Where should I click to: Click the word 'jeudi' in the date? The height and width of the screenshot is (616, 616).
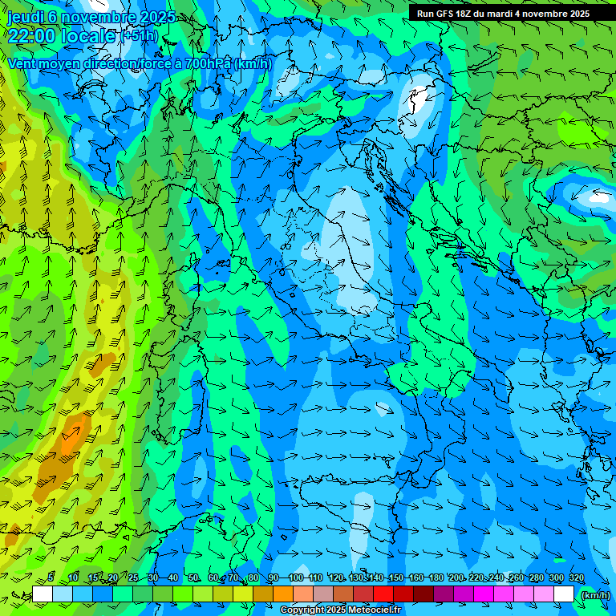pyautogui.click(x=25, y=16)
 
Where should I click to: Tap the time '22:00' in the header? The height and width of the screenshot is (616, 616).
pyautogui.click(x=31, y=35)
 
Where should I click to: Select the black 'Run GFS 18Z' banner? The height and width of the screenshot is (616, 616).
pyautogui.click(x=503, y=13)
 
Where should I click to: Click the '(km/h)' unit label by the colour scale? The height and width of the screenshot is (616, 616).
pyautogui.click(x=594, y=594)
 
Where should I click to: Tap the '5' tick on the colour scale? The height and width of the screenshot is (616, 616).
pyautogui.click(x=51, y=577)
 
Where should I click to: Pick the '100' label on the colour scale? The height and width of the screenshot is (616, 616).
pyautogui.click(x=295, y=577)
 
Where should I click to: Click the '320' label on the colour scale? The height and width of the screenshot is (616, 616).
pyautogui.click(x=576, y=577)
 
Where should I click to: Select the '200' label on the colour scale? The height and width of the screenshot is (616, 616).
pyautogui.click(x=456, y=577)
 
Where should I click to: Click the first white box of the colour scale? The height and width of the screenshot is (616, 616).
pyautogui.click(x=43, y=594)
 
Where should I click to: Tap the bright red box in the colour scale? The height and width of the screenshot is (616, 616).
pyautogui.click(x=383, y=594)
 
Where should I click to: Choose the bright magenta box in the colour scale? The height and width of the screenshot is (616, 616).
pyautogui.click(x=484, y=594)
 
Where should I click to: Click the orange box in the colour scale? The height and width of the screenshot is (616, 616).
pyautogui.click(x=283, y=594)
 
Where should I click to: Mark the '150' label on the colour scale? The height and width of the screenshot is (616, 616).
pyautogui.click(x=395, y=577)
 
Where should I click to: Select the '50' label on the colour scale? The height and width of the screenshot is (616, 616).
pyautogui.click(x=193, y=577)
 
